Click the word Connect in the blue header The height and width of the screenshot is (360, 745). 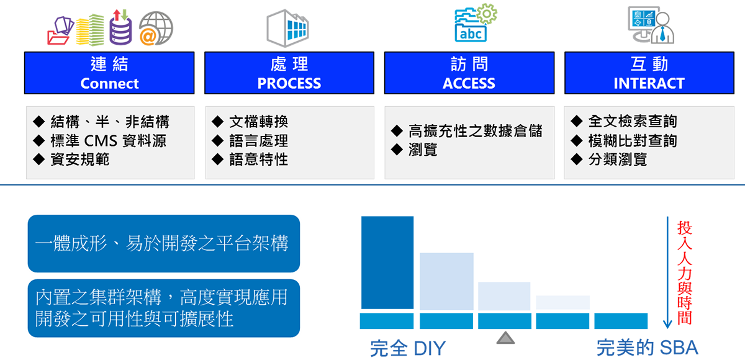tap(109, 83)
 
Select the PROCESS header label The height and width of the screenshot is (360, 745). tap(289, 83)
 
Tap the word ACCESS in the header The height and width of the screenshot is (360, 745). tap(469, 83)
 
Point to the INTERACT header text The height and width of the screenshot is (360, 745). tap(649, 83)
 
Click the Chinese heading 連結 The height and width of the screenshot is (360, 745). tap(109, 65)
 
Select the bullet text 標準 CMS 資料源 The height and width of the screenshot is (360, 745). tap(108, 140)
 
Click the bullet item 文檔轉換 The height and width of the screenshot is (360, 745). tap(258, 122)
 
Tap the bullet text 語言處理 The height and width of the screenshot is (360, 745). tap(258, 141)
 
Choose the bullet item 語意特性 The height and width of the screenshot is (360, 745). tap(258, 160)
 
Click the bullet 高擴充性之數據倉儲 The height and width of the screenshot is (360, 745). tap(476, 131)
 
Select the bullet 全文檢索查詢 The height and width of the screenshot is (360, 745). tap(633, 122)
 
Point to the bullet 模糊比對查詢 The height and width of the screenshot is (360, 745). tap(633, 141)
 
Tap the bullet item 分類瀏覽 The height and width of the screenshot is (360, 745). tap(618, 160)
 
